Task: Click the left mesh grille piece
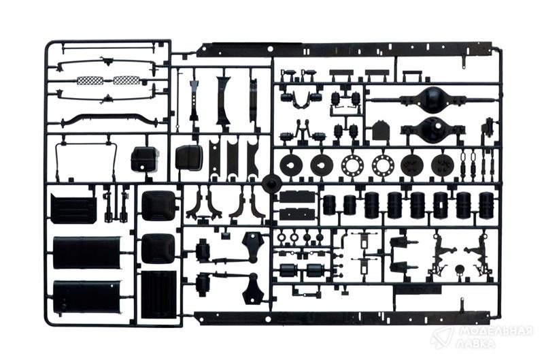click(90, 81)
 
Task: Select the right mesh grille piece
click(127, 80)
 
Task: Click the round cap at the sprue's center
click(271, 183)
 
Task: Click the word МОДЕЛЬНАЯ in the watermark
click(496, 331)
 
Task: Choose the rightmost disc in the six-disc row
click(443, 163)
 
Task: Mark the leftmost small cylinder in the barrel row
click(328, 205)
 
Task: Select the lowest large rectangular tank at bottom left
click(87, 297)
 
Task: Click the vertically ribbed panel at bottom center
click(159, 295)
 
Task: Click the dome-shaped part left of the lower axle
click(381, 131)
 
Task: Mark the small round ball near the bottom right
click(459, 269)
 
